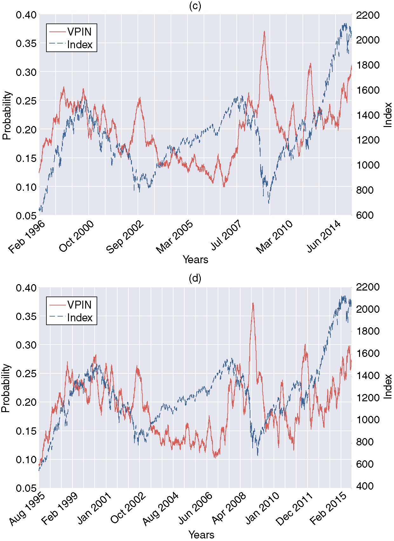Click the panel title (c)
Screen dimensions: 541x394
pyautogui.click(x=195, y=6)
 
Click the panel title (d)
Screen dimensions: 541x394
pyautogui.click(x=195, y=278)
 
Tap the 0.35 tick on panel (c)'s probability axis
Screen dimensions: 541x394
pyautogui.click(x=26, y=43)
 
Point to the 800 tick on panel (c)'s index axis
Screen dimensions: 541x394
pyautogui.click(x=365, y=190)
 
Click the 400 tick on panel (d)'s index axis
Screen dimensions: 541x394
pyautogui.click(x=365, y=486)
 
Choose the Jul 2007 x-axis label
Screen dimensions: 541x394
pyautogui.click(x=226, y=236)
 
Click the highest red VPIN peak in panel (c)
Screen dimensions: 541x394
pyautogui.click(x=264, y=31)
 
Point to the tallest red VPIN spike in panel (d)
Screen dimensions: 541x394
pyautogui.click(x=253, y=303)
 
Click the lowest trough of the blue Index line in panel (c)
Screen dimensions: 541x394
pyautogui.click(x=269, y=203)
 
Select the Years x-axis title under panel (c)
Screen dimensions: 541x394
pyautogui.click(x=195, y=260)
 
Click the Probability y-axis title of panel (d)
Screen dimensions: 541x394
pyautogui.click(x=6, y=388)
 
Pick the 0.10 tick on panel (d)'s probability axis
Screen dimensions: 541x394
pyautogui.click(x=26, y=460)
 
